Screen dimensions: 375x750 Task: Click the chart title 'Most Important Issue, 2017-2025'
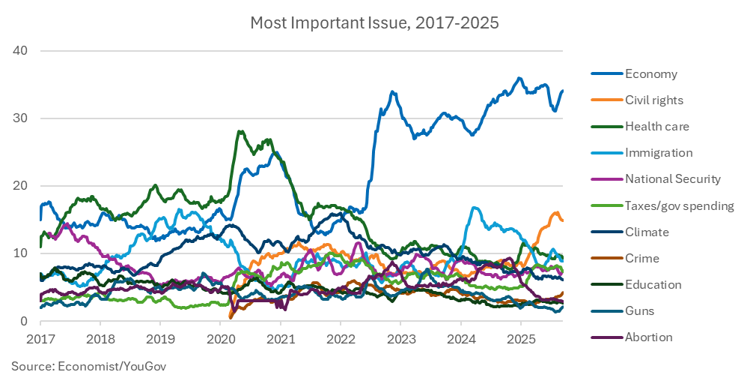coord(374,22)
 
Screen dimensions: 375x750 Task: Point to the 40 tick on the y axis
coord(19,50)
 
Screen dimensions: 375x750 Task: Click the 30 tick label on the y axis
coord(19,118)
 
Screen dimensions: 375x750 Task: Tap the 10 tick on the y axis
coord(19,253)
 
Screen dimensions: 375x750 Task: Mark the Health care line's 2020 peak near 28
coord(240,132)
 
